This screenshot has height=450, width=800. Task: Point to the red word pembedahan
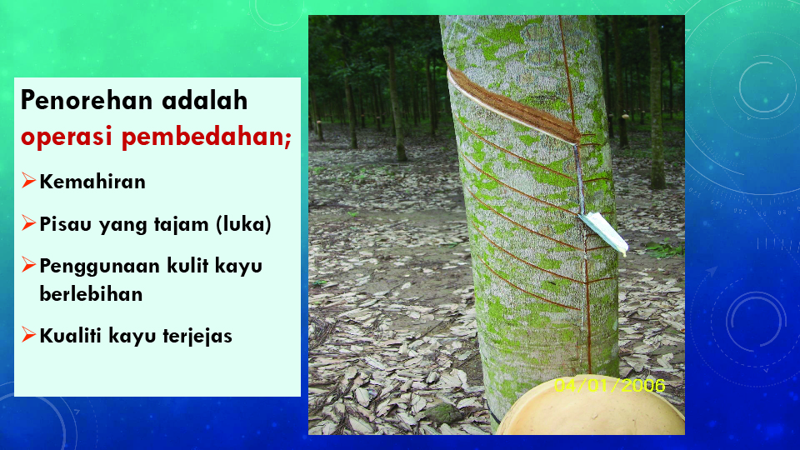click(206, 137)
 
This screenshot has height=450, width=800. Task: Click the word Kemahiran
click(92, 182)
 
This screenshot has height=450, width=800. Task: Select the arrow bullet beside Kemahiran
click(28, 180)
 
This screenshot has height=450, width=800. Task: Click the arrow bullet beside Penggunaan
click(28, 264)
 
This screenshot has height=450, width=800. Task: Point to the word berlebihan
click(91, 294)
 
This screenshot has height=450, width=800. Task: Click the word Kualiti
click(72, 336)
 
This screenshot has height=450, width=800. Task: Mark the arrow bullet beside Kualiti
click(28, 334)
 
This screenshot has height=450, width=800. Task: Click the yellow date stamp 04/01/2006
click(610, 385)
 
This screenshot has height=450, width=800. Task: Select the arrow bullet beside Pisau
click(28, 222)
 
